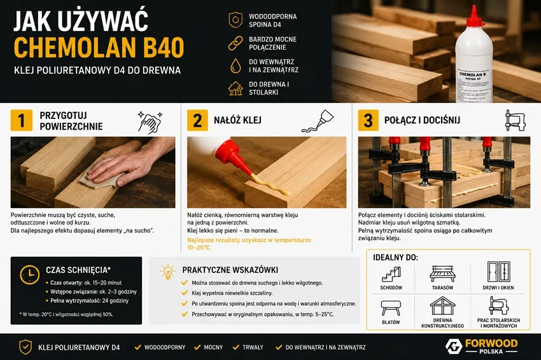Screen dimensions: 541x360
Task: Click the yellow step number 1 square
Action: pyautogui.click(x=22, y=120)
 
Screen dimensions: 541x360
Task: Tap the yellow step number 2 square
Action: pyautogui.click(x=197, y=120)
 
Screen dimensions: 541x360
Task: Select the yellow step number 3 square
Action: pyautogui.click(x=368, y=120)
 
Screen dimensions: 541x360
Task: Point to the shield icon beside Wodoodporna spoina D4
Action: pyautogui.click(x=235, y=20)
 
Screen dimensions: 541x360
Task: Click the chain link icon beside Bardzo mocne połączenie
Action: pyautogui.click(x=235, y=43)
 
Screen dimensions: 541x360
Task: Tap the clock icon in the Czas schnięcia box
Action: pyautogui.click(x=29, y=275)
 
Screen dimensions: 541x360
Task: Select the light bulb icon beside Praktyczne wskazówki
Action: pyautogui.click(x=167, y=272)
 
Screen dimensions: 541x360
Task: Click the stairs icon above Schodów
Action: pyautogui.click(x=391, y=274)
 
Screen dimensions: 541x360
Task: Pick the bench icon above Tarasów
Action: pyautogui.click(x=442, y=273)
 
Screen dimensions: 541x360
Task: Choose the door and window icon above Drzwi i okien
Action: pyautogui.click(x=498, y=272)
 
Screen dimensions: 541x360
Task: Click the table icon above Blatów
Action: pyautogui.click(x=391, y=308)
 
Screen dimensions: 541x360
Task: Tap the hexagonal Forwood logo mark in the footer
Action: pyautogui.click(x=453, y=347)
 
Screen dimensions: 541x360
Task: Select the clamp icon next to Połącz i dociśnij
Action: pyautogui.click(x=515, y=120)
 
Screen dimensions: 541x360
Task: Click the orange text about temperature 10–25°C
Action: pyautogui.click(x=249, y=244)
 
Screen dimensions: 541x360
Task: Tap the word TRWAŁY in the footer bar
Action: pyautogui.click(x=253, y=347)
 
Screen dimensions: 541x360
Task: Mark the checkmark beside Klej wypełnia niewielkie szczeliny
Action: pyautogui.click(x=185, y=293)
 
